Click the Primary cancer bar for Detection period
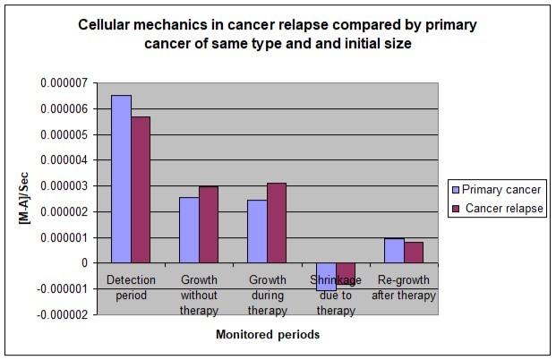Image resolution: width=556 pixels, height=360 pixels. click(121, 179)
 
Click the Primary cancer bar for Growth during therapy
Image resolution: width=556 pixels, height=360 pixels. click(257, 231)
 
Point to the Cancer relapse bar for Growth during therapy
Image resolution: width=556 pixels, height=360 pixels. click(277, 223)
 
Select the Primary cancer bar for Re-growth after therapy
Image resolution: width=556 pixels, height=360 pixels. click(393, 251)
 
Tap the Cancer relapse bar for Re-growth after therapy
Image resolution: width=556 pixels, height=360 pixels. click(414, 253)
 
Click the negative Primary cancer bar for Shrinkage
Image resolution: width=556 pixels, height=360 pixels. click(325, 276)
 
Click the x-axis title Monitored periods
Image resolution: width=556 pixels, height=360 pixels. click(268, 335)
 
